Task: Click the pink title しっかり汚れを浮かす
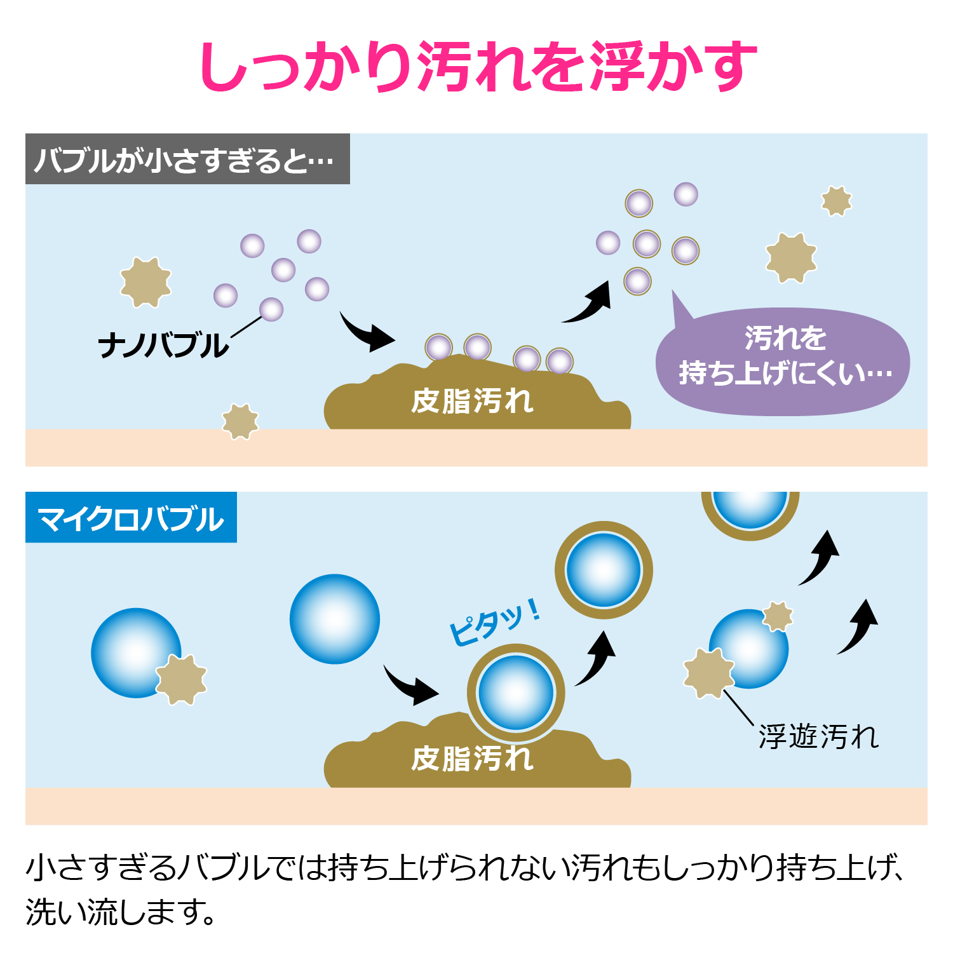pos(478,66)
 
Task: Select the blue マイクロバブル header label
pos(131,517)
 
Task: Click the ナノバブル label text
pos(163,346)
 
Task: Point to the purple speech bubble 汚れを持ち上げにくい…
pos(783,362)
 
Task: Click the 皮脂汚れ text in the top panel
pos(472,401)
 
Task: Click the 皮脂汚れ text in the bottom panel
pos(472,759)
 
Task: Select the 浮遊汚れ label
pos(818,737)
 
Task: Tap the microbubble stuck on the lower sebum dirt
pos(516,693)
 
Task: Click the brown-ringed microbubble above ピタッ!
pos(604,570)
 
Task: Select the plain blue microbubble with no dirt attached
pos(335,619)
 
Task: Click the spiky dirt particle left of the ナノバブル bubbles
pos(145,282)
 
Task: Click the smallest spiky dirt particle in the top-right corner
pos(836,201)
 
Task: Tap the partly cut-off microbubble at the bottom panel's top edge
pos(750,516)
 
